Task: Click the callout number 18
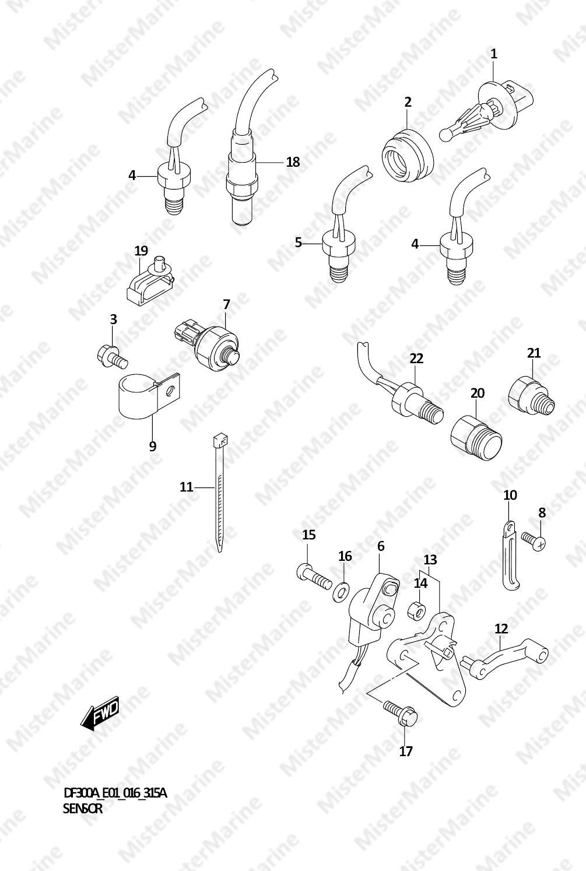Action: [293, 161]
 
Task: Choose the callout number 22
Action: [416, 358]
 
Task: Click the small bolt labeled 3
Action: [112, 356]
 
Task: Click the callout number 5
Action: [299, 243]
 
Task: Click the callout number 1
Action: [493, 54]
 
